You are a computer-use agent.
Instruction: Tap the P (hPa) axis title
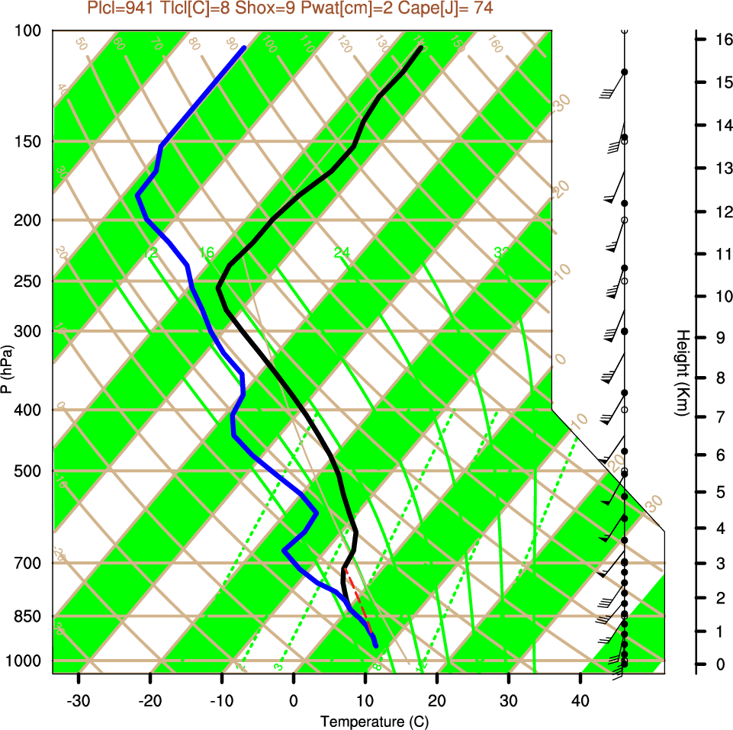(x=7, y=369)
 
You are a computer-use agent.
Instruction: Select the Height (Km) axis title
(x=683, y=373)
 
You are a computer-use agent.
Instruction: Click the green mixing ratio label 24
(x=342, y=252)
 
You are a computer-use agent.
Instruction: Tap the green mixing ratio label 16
(x=207, y=252)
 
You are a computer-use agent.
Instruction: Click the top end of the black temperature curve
(x=420, y=47)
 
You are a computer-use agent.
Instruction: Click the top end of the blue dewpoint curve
(x=244, y=47)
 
